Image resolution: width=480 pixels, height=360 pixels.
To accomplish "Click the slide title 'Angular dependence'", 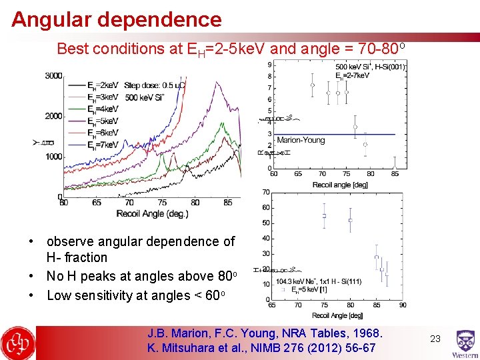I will (x=116, y=19).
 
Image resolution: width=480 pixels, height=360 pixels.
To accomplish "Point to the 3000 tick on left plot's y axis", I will (x=54, y=76).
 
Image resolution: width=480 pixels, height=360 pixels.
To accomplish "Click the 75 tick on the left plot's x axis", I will (x=162, y=203).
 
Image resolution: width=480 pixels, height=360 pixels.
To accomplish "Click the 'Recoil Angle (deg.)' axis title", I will (x=152, y=213).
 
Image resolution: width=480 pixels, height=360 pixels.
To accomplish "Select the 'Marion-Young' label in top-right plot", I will (x=301, y=140).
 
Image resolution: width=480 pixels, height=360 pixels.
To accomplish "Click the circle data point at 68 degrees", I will (x=312, y=85).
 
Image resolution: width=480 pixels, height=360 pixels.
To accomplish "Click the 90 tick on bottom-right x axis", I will (x=402, y=305).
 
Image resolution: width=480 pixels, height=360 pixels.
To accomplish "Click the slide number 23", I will (x=435, y=339).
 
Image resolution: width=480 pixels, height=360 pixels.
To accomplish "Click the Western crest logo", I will (x=464, y=343).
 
